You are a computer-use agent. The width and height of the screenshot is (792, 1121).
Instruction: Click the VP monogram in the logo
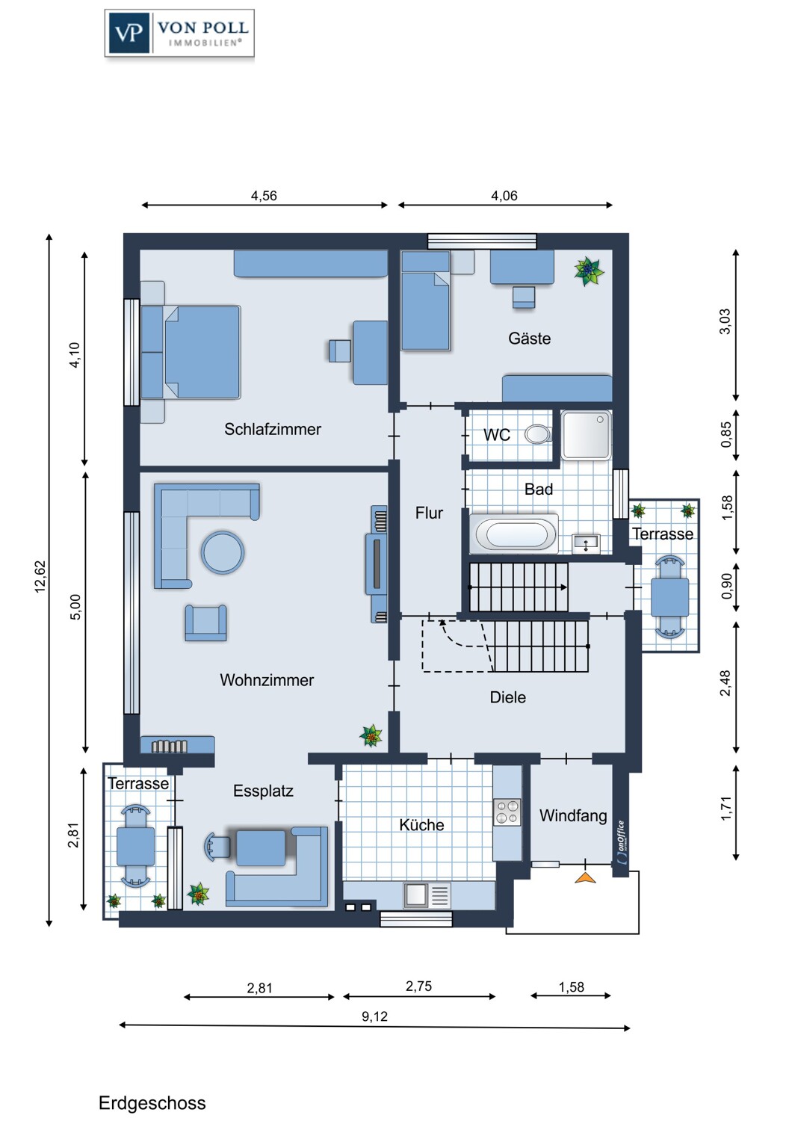coord(128,33)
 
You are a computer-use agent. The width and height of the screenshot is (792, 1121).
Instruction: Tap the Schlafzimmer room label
coord(272,429)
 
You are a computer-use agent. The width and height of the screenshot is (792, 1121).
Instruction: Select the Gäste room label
coord(529,339)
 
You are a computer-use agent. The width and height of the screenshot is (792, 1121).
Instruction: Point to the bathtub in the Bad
coord(514,534)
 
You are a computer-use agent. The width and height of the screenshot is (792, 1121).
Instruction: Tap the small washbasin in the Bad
coord(586,543)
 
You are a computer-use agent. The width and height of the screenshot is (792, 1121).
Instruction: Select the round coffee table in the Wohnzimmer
coord(223,552)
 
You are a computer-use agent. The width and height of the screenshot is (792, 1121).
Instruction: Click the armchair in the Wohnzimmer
coord(205,623)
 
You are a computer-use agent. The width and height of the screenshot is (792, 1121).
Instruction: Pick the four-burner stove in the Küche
coord(507,812)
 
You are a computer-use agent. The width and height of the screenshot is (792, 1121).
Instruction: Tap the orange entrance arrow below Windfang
coord(585,877)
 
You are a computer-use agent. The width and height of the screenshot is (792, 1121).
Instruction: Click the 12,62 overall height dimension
coord(40,576)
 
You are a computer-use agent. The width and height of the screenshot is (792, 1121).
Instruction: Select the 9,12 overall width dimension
coord(375,1016)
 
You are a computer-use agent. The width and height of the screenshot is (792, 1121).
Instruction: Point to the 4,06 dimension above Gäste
coord(504,196)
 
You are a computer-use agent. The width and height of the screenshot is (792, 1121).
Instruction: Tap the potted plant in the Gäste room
coord(589,271)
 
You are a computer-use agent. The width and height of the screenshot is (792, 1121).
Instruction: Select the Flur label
coord(430,513)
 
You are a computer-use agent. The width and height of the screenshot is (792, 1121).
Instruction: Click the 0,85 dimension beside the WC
coord(726,434)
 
